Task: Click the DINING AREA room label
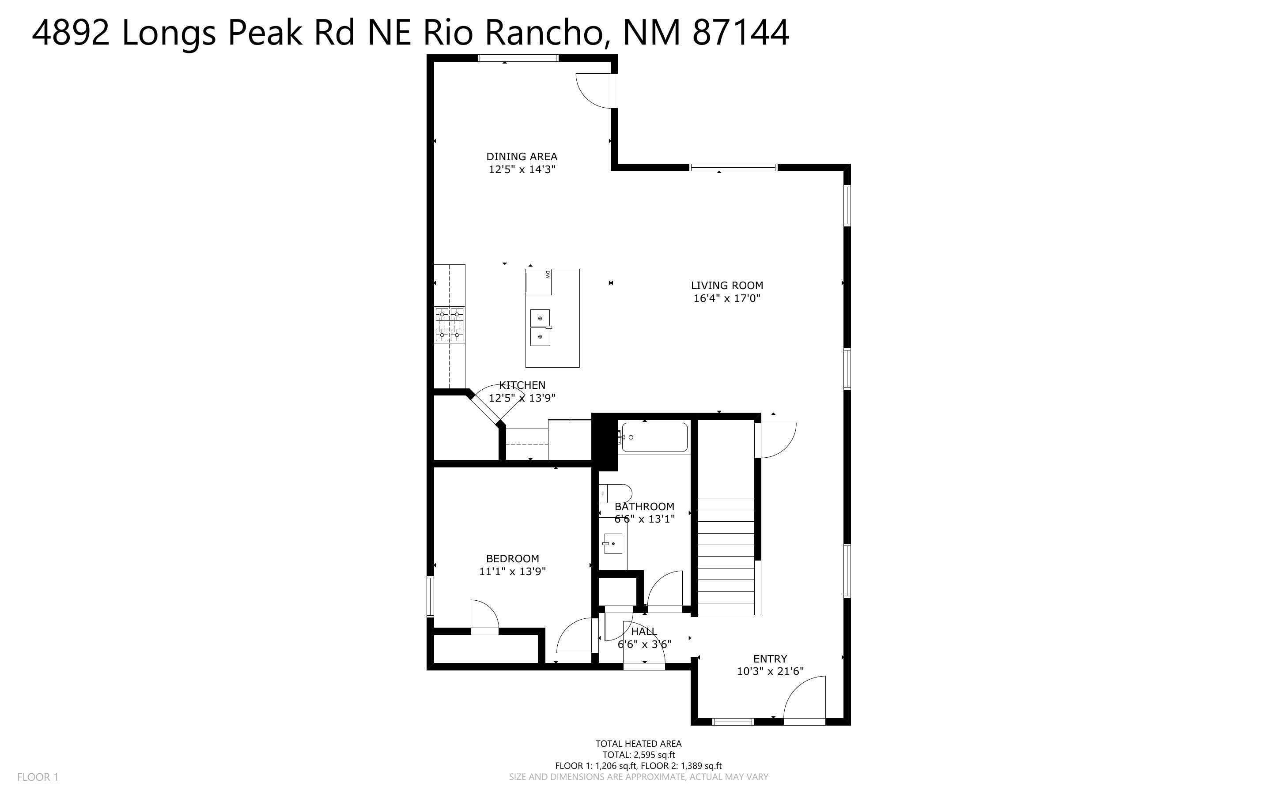point(522,157)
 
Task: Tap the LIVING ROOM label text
point(727,286)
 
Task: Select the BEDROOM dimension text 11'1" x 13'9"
point(512,571)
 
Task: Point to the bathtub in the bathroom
point(654,437)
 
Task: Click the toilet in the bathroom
point(616,493)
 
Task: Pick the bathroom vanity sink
point(613,544)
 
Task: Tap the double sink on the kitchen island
point(540,327)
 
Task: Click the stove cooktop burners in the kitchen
point(450,324)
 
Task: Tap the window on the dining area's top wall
point(517,58)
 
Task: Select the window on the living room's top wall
point(733,167)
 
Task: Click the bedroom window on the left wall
point(430,596)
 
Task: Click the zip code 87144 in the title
point(740,33)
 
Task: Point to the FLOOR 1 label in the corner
point(38,777)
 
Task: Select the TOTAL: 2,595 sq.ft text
point(639,755)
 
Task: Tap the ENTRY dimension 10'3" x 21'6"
point(770,671)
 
